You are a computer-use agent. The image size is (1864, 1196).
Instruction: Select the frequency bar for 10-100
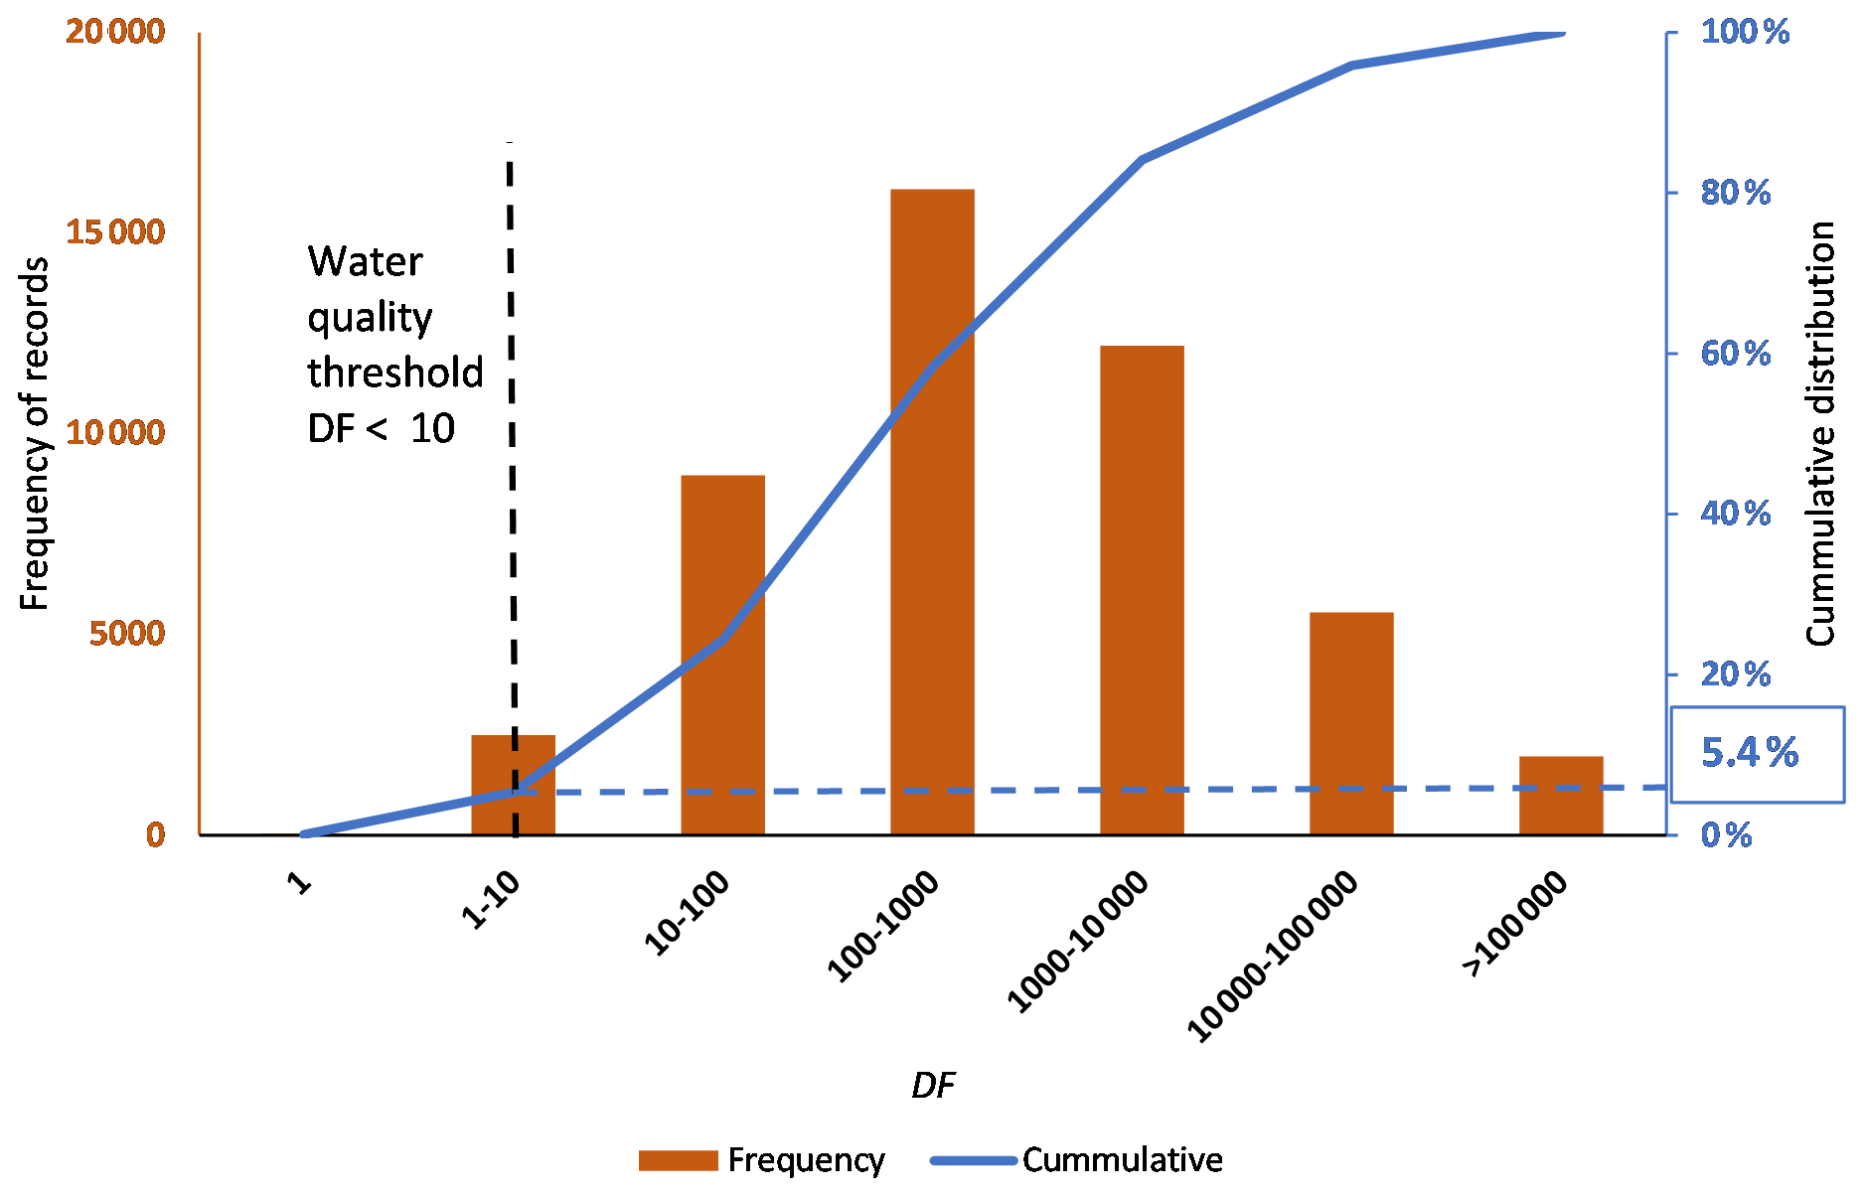point(722,655)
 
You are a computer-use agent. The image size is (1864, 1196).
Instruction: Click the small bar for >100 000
point(1560,796)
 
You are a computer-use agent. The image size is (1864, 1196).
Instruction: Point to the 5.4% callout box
point(1756,754)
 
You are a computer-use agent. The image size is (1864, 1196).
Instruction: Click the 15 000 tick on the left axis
point(115,232)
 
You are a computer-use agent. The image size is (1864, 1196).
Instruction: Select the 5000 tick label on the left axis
point(127,634)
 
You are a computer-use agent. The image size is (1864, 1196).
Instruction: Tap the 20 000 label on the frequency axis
point(115,32)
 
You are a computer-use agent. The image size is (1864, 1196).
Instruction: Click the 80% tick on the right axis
point(1735,193)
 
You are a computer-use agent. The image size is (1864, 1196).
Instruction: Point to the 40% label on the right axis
point(1735,514)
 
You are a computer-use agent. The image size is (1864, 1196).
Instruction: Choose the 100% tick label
point(1744,32)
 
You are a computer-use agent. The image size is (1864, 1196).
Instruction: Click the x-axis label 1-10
point(491,900)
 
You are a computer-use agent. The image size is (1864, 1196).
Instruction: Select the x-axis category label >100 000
point(1515,924)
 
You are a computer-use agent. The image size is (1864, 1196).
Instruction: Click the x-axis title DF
point(932,1086)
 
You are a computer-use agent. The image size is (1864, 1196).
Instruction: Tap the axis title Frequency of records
point(35,433)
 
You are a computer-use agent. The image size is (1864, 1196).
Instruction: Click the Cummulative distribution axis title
point(1820,433)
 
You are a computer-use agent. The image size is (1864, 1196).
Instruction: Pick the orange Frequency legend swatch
point(678,1160)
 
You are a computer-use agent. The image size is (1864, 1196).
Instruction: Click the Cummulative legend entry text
point(1122,1160)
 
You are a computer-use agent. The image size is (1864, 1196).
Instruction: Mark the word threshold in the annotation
point(395,374)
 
